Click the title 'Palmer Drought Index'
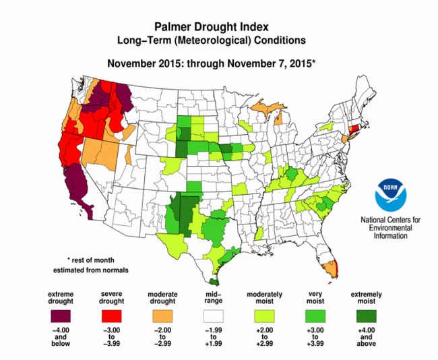pyautogui.click(x=212, y=27)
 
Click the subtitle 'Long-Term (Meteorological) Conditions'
pyautogui.click(x=212, y=40)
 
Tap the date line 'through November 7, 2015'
pyautogui.click(x=251, y=63)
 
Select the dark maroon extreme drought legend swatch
pyautogui.click(x=61, y=316)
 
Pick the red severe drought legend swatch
pyautogui.click(x=111, y=316)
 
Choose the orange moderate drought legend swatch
pyautogui.click(x=162, y=316)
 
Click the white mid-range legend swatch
pyautogui.click(x=214, y=316)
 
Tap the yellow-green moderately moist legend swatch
pyautogui.click(x=264, y=316)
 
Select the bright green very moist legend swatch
pyautogui.click(x=315, y=316)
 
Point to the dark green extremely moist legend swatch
pyautogui.click(x=366, y=316)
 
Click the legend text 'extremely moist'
pyautogui.click(x=366, y=298)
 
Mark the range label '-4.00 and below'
pyautogui.click(x=61, y=337)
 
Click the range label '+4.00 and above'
pyautogui.click(x=366, y=337)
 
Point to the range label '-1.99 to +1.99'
pyautogui.click(x=214, y=337)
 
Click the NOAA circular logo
pyautogui.click(x=391, y=195)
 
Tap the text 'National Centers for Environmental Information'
pyautogui.click(x=391, y=227)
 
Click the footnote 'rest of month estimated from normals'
pyautogui.click(x=91, y=265)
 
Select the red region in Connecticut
pyautogui.click(x=354, y=129)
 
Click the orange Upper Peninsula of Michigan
pyautogui.click(x=268, y=107)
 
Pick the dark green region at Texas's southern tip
pyautogui.click(x=214, y=282)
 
